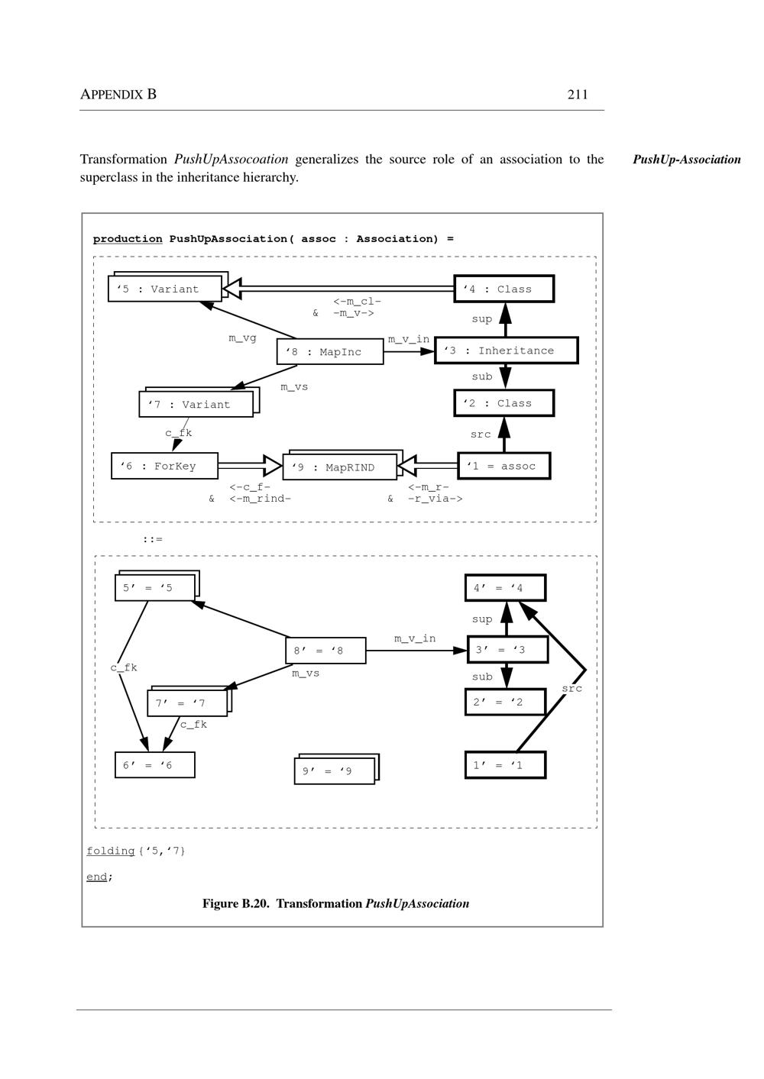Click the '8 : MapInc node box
(330, 352)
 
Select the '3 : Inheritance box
(506, 351)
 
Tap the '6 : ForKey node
(164, 466)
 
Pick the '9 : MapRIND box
(340, 467)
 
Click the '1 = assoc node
(504, 466)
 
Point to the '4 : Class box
(503, 289)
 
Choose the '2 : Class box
(503, 403)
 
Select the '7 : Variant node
(196, 405)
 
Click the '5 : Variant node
(165, 289)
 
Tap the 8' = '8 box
(325, 651)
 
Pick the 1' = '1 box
(505, 765)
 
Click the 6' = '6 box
(154, 765)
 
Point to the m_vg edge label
(242, 338)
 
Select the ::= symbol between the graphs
(152, 539)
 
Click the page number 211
(578, 95)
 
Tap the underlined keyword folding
(110, 851)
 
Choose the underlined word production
(128, 239)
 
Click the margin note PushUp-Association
(687, 160)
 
